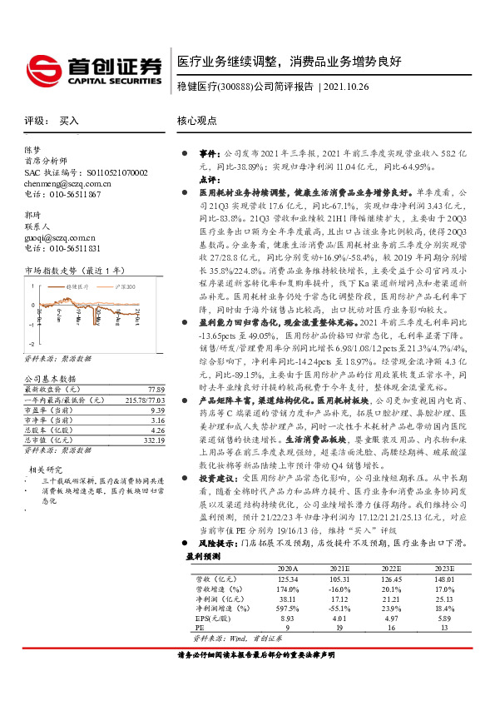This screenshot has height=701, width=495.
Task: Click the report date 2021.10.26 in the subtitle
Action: tap(351, 86)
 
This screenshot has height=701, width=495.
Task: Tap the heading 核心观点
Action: tap(197, 121)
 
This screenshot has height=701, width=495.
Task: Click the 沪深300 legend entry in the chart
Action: tap(120, 285)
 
